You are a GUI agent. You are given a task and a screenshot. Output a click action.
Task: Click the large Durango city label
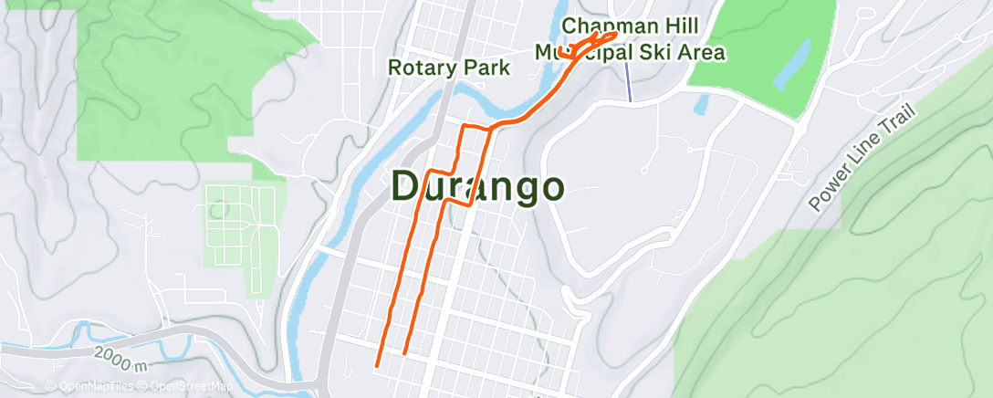pyautogui.click(x=478, y=188)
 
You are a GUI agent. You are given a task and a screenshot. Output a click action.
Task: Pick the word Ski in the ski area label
pyautogui.click(x=659, y=52)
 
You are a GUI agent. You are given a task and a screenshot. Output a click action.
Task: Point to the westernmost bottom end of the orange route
pyautogui.click(x=377, y=365)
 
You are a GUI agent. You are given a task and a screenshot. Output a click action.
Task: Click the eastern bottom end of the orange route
pyautogui.click(x=404, y=352)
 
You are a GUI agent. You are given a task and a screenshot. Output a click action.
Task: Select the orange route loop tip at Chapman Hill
pyautogui.click(x=612, y=35)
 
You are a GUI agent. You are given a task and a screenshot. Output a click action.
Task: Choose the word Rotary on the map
pyautogui.click(x=419, y=68)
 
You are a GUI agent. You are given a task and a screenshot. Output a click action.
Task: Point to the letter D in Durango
pyautogui.click(x=409, y=188)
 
